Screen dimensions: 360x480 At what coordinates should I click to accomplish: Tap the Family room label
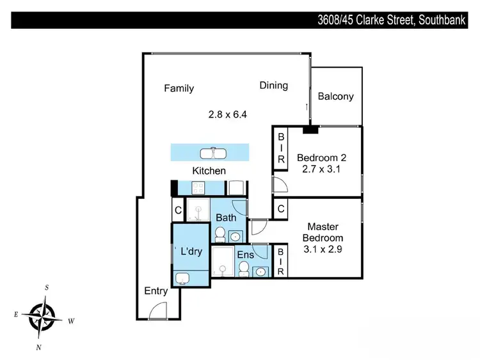tap(179, 88)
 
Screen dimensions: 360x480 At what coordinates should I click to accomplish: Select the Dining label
tap(273, 85)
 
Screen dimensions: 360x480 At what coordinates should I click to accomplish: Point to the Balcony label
tap(335, 97)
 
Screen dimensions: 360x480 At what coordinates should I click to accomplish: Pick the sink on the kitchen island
tap(210, 153)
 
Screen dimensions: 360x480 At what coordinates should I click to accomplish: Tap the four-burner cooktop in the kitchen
tap(197, 187)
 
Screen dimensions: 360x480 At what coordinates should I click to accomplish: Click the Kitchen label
tap(209, 171)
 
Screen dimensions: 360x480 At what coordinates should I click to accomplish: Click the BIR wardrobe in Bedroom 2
tap(280, 148)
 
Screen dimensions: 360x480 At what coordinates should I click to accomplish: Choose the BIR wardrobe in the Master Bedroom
tap(280, 262)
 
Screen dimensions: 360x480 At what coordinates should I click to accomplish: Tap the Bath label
tap(226, 218)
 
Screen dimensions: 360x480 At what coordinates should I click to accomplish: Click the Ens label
tap(245, 254)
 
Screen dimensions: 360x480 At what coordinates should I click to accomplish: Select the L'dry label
tap(191, 251)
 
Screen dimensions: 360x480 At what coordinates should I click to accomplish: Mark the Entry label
tap(156, 291)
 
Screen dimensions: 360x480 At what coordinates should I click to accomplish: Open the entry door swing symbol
tap(156, 311)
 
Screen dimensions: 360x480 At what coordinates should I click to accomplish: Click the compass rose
tap(43, 316)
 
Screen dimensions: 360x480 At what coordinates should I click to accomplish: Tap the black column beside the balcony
tap(310, 130)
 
